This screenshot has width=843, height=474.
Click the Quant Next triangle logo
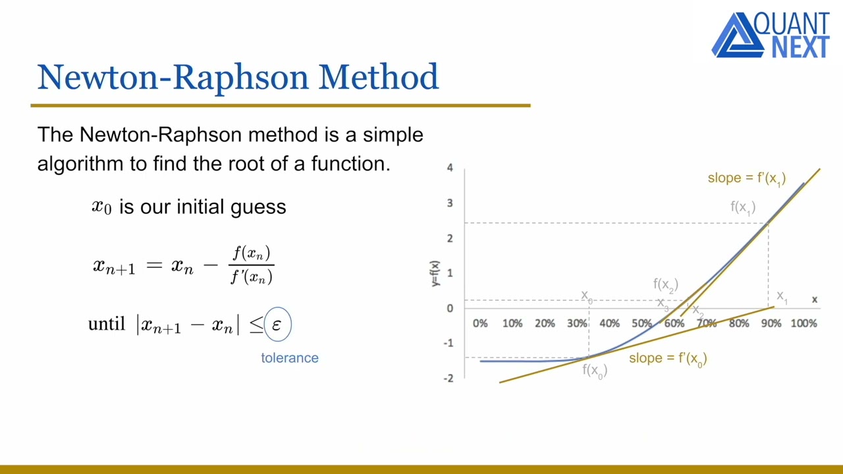tap(732, 36)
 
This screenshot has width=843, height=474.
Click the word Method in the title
tap(378, 77)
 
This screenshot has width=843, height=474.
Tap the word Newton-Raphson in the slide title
tap(173, 77)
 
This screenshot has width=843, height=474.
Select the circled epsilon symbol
tap(277, 325)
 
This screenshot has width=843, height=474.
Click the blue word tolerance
tap(289, 358)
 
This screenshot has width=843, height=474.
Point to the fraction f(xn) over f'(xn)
tap(251, 265)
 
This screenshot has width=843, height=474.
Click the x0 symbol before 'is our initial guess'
tap(101, 207)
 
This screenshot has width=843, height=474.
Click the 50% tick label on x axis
tap(641, 323)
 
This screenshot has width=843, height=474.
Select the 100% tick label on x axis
tap(803, 323)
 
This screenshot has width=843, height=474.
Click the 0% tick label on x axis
tap(480, 323)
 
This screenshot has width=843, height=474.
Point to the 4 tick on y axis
tap(450, 168)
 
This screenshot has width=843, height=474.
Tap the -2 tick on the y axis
tap(449, 378)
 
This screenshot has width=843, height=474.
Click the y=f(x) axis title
tap(435, 273)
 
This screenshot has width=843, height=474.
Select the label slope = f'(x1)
tap(746, 178)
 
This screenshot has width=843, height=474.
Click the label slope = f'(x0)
tap(667, 359)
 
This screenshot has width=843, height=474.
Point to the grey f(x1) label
tap(742, 207)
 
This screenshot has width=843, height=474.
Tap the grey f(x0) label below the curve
tap(594, 371)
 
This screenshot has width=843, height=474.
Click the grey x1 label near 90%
tap(782, 297)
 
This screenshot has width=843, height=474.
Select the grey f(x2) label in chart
tap(665, 284)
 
